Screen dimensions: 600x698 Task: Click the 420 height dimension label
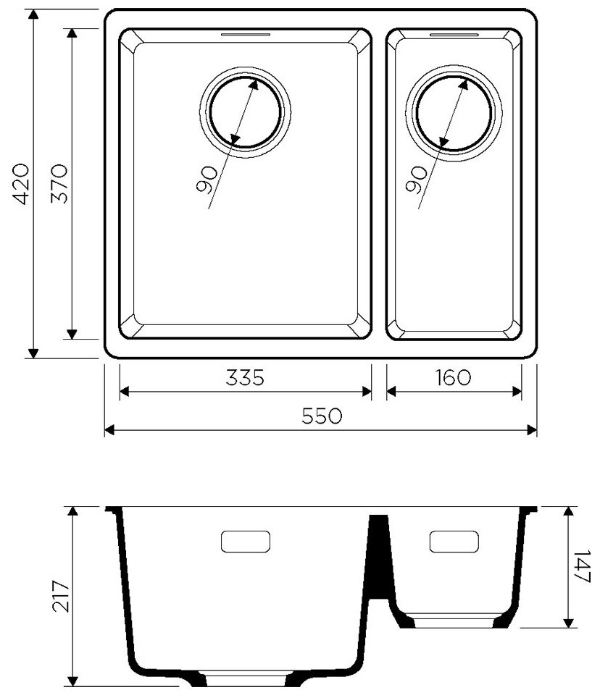[x=22, y=184]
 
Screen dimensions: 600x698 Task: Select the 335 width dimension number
[x=244, y=378]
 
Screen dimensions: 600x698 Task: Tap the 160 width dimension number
[x=454, y=378]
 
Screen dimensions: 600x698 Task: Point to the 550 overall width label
[x=322, y=416]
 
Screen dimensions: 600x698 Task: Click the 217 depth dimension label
[x=61, y=596]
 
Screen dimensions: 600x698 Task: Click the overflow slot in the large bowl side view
[x=245, y=541]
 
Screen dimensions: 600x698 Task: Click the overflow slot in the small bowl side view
[x=454, y=540]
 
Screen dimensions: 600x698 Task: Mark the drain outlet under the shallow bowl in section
[x=454, y=621]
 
